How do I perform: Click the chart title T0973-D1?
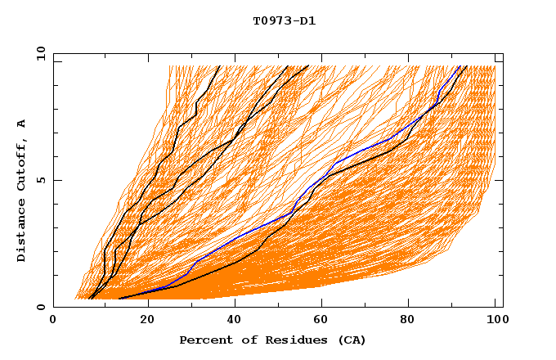[284, 21]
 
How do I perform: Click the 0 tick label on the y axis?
[40, 308]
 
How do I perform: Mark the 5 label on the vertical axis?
[40, 180]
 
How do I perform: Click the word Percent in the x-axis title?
[202, 340]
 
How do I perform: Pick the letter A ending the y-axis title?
[21, 124]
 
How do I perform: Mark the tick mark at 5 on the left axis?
[56, 180]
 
